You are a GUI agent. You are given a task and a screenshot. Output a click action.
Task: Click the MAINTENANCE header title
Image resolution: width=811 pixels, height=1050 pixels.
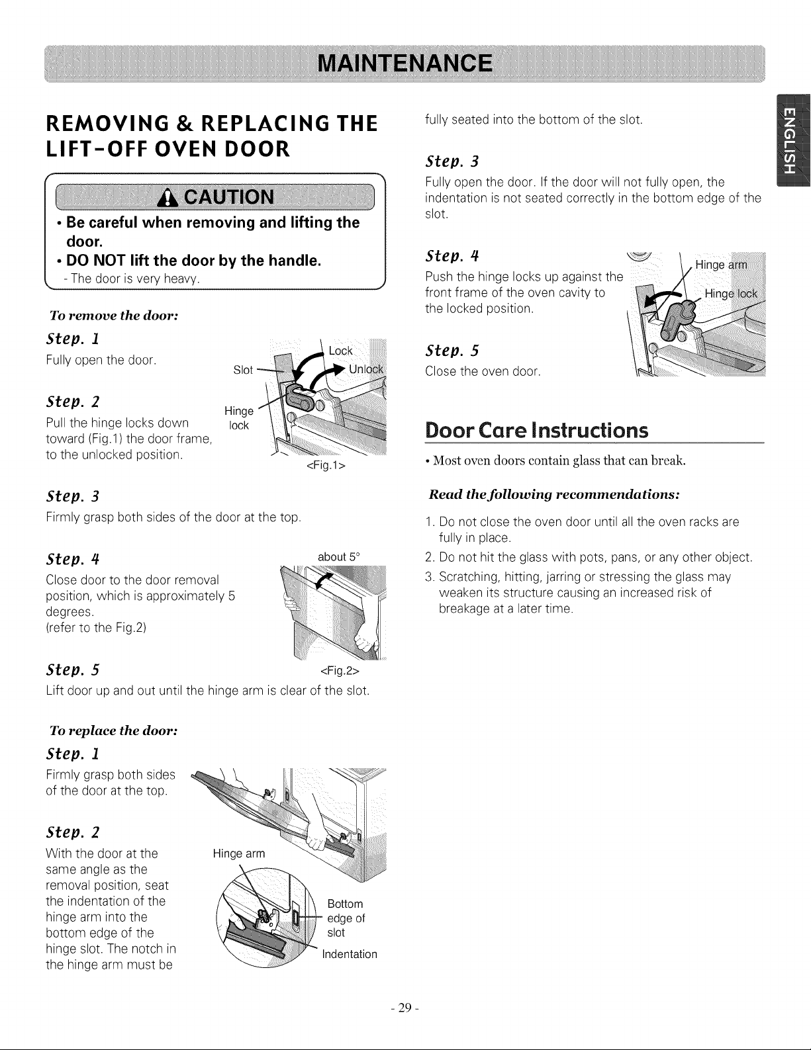[x=405, y=64]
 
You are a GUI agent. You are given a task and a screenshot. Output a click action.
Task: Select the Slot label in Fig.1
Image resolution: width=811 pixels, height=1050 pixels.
[x=242, y=370]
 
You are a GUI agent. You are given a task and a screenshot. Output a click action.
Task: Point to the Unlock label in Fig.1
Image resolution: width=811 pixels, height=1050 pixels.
[x=366, y=369]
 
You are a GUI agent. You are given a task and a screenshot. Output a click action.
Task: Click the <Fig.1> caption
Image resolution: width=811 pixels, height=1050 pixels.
[x=326, y=465]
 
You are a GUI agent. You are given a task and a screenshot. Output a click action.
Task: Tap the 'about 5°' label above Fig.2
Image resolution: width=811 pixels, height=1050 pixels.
[x=339, y=556]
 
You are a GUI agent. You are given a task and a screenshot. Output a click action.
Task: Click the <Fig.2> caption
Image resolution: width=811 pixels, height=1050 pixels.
[x=340, y=671]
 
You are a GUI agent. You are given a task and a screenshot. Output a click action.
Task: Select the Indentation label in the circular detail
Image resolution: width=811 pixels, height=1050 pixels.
[x=350, y=954]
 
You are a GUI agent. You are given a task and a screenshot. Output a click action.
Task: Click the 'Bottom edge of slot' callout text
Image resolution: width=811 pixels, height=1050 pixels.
[x=346, y=918]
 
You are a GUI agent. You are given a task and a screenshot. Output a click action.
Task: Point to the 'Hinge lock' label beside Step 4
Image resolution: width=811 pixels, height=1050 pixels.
[x=731, y=294]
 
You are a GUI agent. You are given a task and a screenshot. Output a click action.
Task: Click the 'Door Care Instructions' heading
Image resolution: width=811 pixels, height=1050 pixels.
[x=536, y=430]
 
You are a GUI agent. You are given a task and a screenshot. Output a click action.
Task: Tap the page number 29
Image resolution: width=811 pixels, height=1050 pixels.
[x=405, y=1008]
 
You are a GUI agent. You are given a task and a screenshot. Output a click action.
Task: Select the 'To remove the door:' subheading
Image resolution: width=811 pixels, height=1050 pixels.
[x=114, y=316]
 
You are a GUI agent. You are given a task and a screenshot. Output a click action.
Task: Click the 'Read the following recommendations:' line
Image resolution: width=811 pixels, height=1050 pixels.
[x=554, y=495]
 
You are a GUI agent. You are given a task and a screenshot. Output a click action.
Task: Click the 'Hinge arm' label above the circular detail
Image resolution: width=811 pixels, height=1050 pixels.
[x=239, y=853]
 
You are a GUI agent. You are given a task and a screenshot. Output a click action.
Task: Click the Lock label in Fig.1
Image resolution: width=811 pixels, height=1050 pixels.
[x=340, y=351]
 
